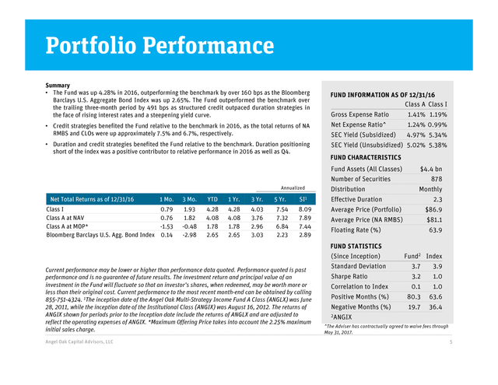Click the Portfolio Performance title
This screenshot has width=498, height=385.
[160, 45]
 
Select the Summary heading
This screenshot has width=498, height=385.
[58, 86]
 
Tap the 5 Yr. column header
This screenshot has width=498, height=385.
[280, 199]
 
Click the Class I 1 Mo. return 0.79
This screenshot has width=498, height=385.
[167, 209]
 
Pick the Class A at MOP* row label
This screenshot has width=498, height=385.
[67, 226]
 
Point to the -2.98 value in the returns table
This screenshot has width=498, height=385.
[190, 235]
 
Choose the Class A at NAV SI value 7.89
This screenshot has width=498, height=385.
[305, 218]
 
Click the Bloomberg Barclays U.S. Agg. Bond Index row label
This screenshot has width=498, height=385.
[100, 235]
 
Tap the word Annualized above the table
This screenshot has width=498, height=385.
[293, 188]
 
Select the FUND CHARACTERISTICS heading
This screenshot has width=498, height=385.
[366, 157]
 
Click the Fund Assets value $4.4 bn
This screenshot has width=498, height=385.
[431, 169]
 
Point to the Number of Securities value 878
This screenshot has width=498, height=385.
[437, 179]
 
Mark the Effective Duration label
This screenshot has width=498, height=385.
[356, 199]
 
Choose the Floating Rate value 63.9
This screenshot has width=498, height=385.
[436, 230]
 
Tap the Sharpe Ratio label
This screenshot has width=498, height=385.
[349, 276]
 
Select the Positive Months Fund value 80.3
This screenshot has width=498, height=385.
[414, 297]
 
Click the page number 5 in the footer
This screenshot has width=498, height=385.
[451, 342]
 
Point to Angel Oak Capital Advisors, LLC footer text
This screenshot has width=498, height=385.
[79, 342]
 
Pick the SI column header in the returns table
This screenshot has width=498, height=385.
[303, 199]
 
